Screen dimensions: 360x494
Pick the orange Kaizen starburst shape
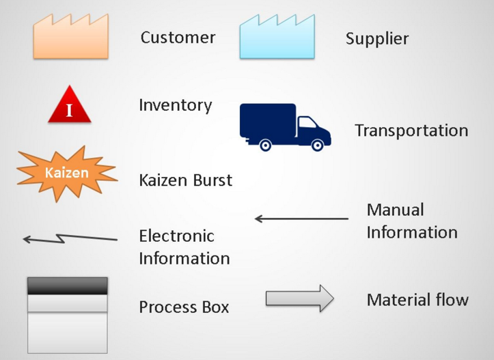(x=67, y=173)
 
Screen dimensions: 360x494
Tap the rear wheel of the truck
(x=265, y=144)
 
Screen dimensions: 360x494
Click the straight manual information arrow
(x=301, y=219)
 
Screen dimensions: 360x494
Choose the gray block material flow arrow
(x=299, y=299)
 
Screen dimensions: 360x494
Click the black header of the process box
(x=67, y=286)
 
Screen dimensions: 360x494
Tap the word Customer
(x=178, y=37)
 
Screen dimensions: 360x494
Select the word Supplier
(x=376, y=38)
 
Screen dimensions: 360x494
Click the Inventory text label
(x=175, y=105)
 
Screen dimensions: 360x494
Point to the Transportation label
(x=411, y=130)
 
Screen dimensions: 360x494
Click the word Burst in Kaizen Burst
(x=210, y=180)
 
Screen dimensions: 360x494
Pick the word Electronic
(x=176, y=236)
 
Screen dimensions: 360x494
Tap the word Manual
(x=395, y=210)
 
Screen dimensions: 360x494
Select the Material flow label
(x=417, y=299)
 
